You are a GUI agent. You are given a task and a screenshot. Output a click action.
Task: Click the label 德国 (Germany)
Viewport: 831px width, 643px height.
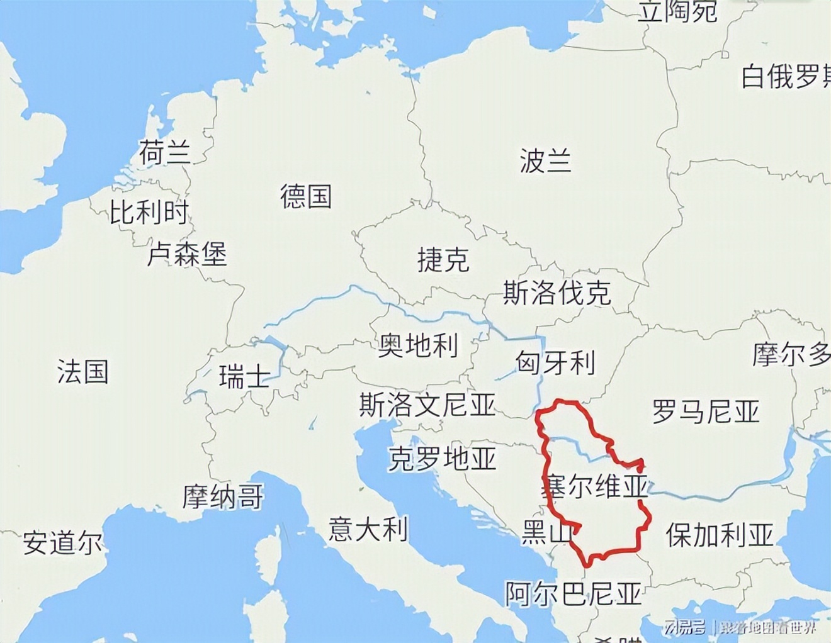click(x=306, y=196)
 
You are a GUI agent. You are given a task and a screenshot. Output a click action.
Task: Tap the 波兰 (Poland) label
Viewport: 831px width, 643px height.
click(x=545, y=160)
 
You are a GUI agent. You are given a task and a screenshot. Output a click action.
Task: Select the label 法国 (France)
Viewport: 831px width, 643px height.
click(x=83, y=371)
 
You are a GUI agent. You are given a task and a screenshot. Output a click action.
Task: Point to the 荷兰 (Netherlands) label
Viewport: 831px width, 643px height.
click(x=165, y=152)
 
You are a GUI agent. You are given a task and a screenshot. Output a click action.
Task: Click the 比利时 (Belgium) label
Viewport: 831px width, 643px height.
click(x=149, y=212)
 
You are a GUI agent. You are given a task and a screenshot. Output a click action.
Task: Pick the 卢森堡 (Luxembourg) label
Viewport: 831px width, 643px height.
click(x=187, y=254)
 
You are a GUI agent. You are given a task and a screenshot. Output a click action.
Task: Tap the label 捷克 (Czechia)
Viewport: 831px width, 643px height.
click(x=443, y=259)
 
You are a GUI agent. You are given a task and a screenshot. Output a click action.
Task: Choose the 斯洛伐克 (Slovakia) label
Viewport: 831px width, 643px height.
click(x=557, y=293)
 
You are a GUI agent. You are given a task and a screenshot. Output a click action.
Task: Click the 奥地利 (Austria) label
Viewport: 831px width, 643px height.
click(x=418, y=345)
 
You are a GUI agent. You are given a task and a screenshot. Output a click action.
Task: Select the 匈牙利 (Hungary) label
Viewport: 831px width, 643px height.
click(x=555, y=362)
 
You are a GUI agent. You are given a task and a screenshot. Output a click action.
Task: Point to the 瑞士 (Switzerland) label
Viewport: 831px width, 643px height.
click(x=244, y=377)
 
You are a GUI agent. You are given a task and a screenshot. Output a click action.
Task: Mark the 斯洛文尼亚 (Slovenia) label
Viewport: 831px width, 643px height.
click(x=427, y=405)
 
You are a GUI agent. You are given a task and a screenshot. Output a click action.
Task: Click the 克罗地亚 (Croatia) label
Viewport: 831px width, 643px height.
click(x=442, y=459)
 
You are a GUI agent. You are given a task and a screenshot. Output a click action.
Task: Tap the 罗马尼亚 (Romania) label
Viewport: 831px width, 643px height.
click(x=706, y=411)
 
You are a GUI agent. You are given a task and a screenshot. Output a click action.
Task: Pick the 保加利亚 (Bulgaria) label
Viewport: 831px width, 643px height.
click(x=720, y=535)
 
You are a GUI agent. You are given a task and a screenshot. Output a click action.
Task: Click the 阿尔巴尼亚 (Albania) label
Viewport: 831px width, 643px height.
click(x=574, y=593)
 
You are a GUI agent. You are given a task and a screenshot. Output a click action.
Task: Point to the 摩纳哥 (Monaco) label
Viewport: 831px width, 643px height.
click(x=223, y=496)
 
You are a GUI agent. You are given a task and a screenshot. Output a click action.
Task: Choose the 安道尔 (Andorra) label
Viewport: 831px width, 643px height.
click(x=63, y=542)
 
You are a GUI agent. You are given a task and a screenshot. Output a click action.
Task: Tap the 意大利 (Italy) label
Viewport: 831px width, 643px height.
click(x=368, y=528)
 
